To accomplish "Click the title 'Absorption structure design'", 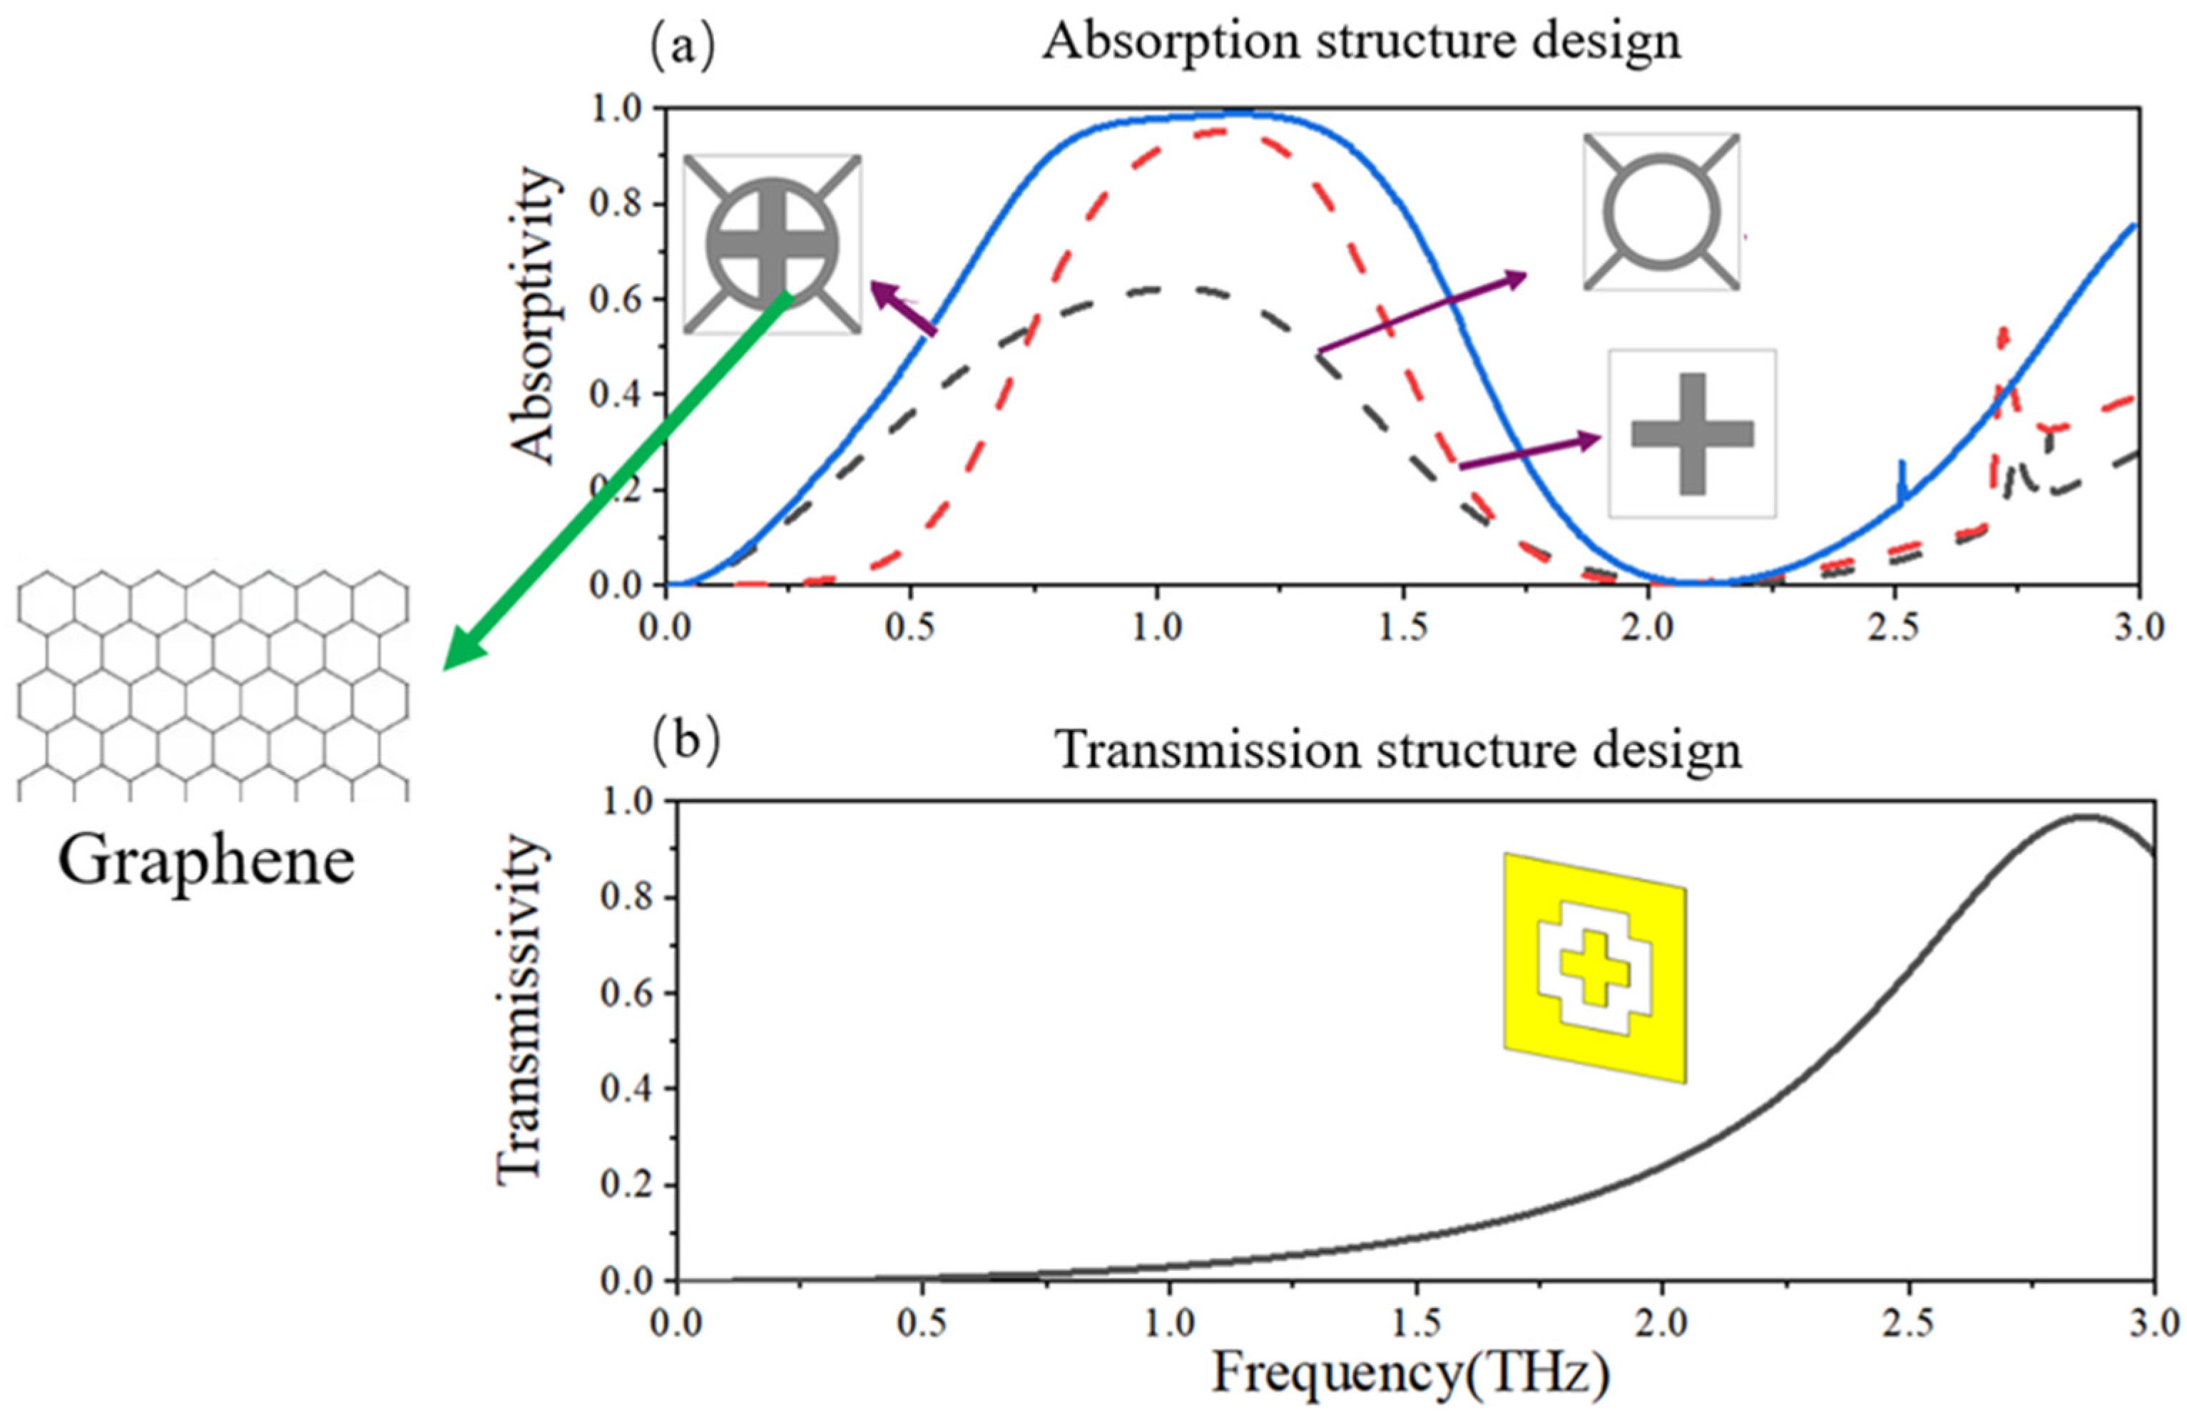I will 1360,41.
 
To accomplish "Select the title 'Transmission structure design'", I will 1397,750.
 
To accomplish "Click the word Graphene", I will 207,861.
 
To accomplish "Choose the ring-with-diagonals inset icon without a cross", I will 1661,212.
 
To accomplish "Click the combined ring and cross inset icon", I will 773,243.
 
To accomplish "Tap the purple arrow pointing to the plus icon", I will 1529,453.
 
